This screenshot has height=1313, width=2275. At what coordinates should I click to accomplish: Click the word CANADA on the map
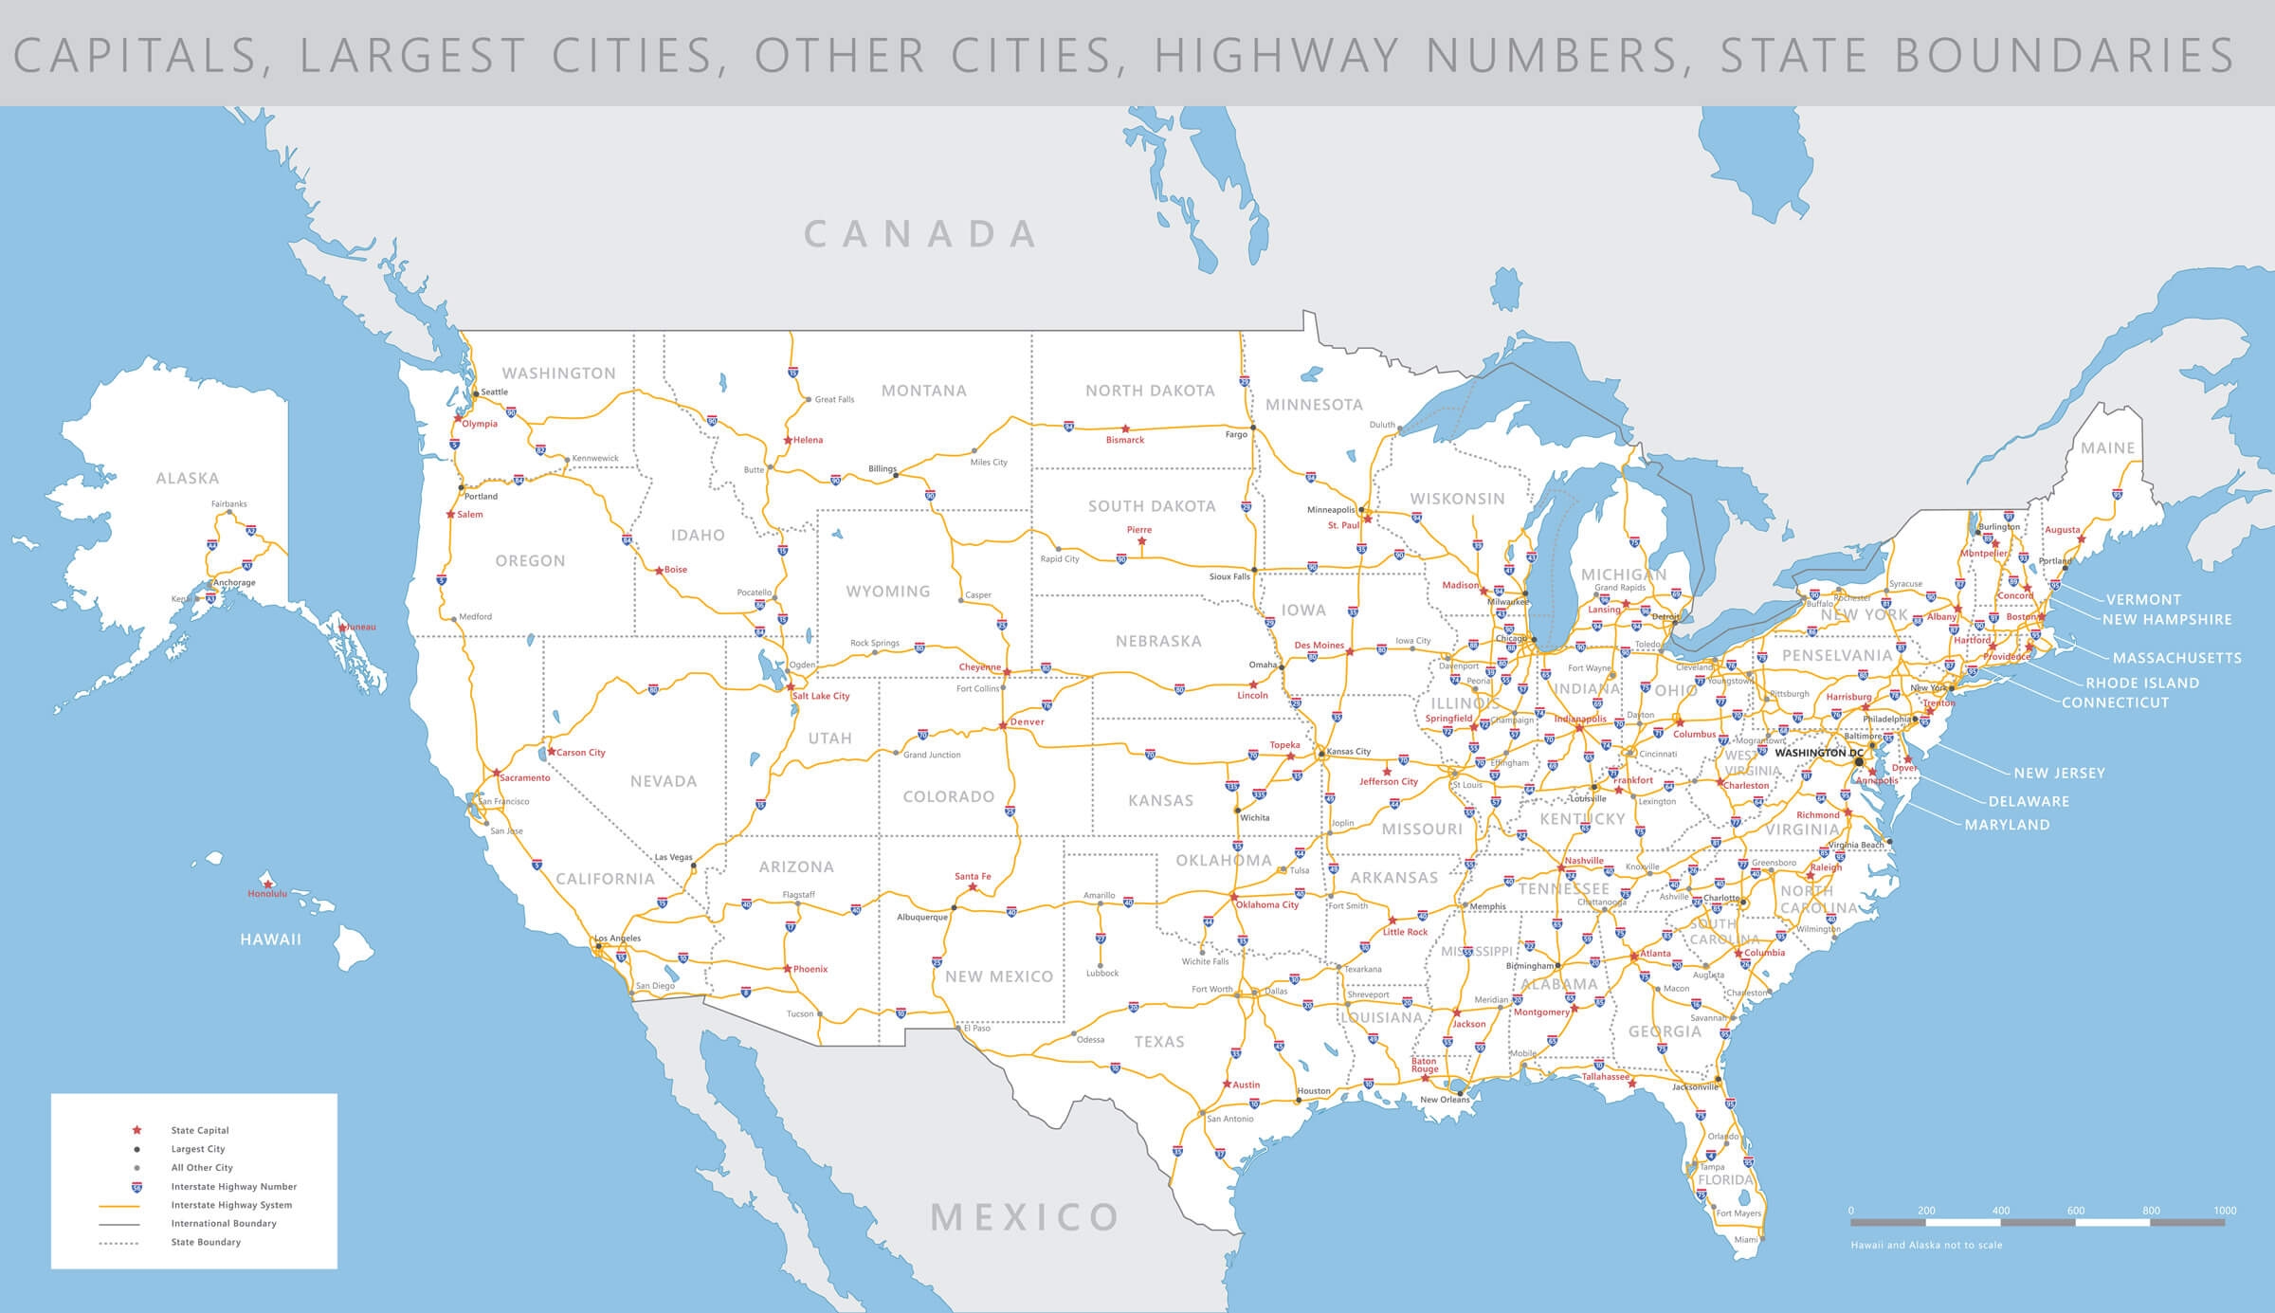(921, 234)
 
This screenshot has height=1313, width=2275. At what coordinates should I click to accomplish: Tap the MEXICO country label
(1026, 1216)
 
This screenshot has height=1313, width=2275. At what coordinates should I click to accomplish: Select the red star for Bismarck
(1125, 429)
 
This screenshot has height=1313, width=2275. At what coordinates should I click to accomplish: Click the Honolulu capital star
(268, 884)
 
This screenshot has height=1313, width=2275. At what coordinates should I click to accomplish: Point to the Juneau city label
(361, 627)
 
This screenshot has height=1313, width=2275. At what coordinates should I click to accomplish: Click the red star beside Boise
(660, 571)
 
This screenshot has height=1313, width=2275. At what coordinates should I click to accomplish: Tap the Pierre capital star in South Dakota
(1141, 541)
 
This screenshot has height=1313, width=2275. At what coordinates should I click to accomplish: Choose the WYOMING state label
(888, 592)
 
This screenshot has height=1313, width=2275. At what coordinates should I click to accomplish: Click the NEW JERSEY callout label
(2059, 773)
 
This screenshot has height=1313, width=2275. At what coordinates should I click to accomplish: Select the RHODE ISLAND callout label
(2142, 683)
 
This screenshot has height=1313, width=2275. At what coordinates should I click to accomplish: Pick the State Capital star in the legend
(136, 1130)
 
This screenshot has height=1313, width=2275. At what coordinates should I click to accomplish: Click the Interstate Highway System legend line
(119, 1206)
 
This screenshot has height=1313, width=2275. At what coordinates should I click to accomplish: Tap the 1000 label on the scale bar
(2225, 1211)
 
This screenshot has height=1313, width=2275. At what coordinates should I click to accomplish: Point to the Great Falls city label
(834, 400)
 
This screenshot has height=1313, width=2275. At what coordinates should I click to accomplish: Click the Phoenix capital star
(787, 969)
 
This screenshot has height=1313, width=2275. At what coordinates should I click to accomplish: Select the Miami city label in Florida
(1745, 1239)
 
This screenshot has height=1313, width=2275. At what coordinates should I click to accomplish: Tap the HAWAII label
(270, 939)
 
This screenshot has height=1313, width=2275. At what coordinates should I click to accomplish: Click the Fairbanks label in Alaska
(228, 504)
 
